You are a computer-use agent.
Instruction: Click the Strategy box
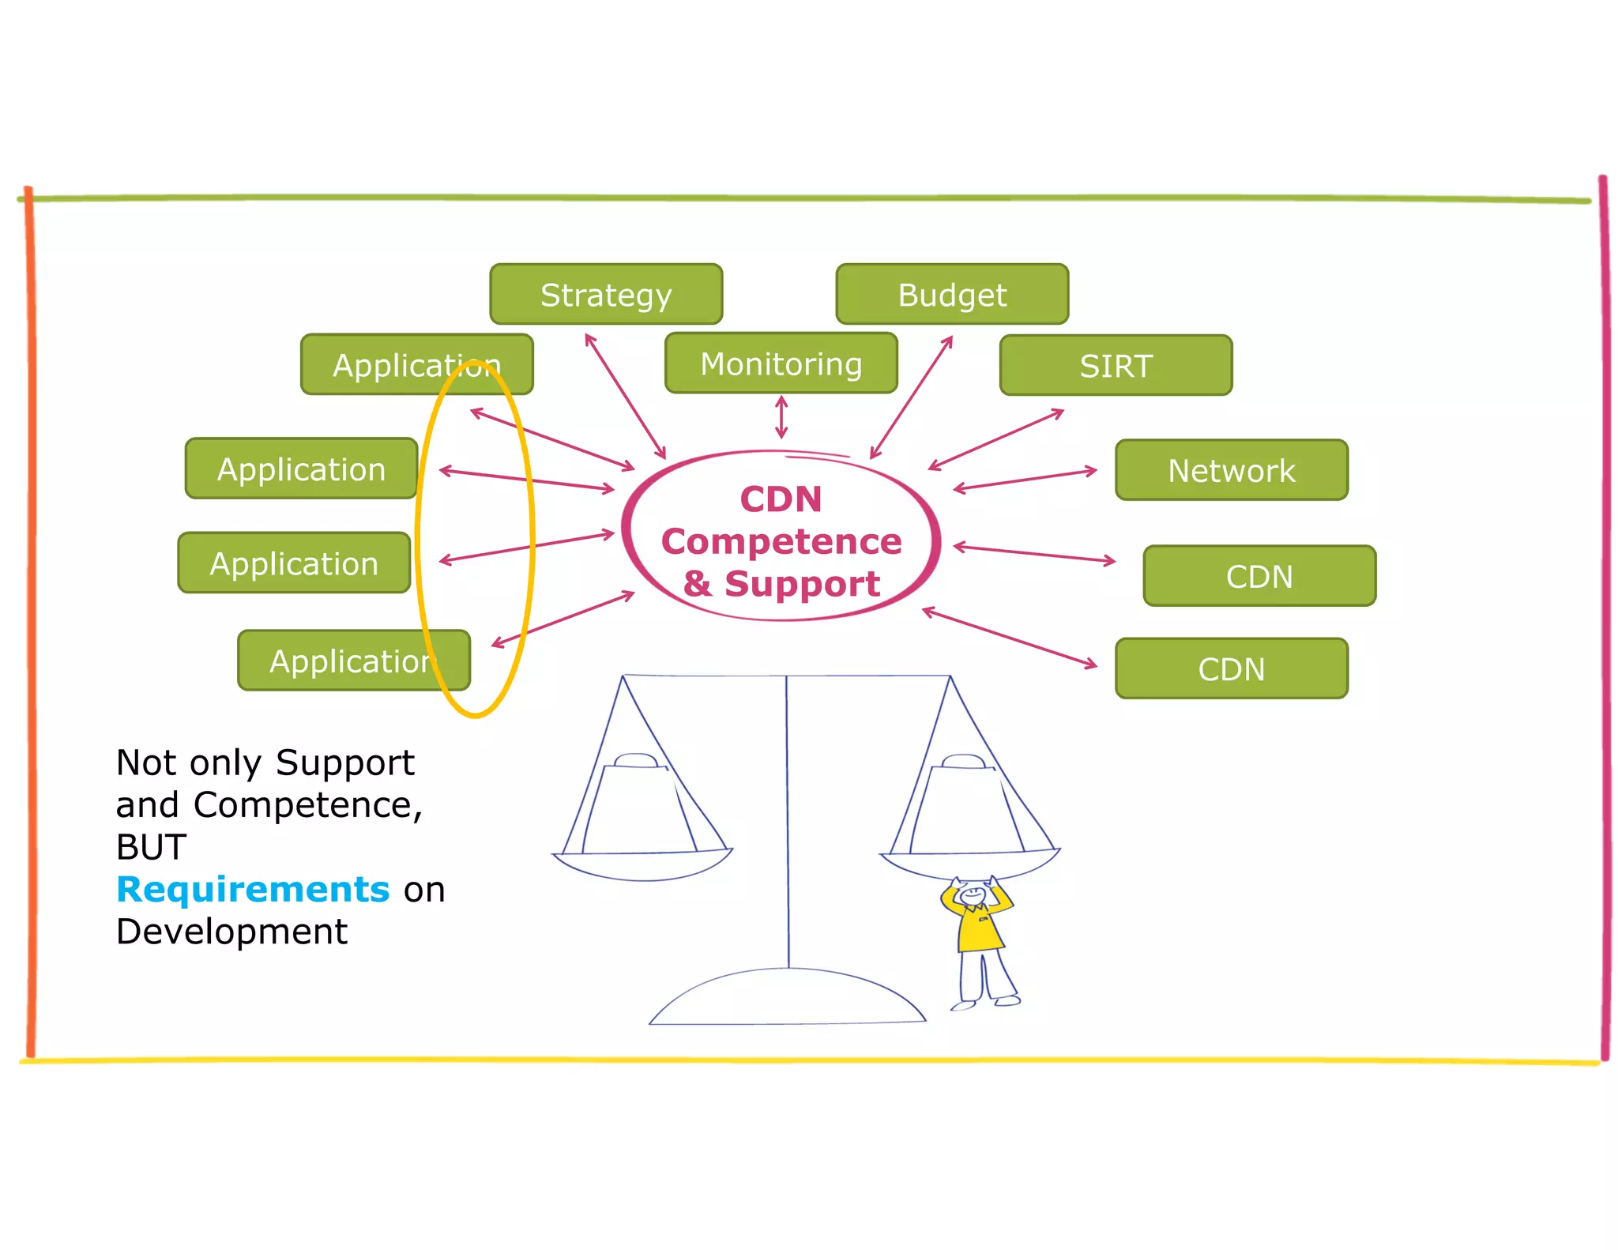605,294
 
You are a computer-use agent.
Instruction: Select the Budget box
951,294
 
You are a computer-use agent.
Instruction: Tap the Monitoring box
781,363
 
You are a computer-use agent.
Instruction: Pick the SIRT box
1115,365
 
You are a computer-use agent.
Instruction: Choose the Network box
1231,470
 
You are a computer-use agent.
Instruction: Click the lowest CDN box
1231,668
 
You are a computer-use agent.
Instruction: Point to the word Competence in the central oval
781,541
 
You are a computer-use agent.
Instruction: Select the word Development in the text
231,932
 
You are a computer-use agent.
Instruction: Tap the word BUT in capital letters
151,847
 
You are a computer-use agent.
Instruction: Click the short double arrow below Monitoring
781,417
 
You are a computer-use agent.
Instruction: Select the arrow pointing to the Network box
1025,480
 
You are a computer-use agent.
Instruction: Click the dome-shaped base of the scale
787,1000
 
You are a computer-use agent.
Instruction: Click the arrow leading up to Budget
911,397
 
